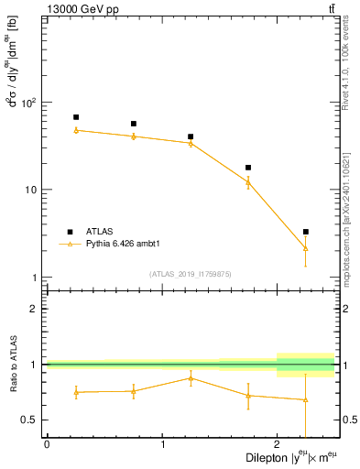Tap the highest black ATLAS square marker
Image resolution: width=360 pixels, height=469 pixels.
76,117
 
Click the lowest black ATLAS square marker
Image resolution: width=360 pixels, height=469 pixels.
306,232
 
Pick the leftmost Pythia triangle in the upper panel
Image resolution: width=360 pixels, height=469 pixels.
76,130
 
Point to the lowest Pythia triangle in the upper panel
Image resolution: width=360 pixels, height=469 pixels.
306,248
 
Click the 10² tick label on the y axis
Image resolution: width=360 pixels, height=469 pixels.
27,103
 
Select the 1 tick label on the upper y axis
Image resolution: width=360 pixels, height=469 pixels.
35,278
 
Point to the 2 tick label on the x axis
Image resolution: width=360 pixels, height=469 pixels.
278,444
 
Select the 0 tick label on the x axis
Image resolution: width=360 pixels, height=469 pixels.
47,444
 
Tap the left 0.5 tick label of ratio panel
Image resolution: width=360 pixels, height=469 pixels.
29,420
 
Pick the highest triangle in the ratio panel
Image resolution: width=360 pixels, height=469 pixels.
191,377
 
